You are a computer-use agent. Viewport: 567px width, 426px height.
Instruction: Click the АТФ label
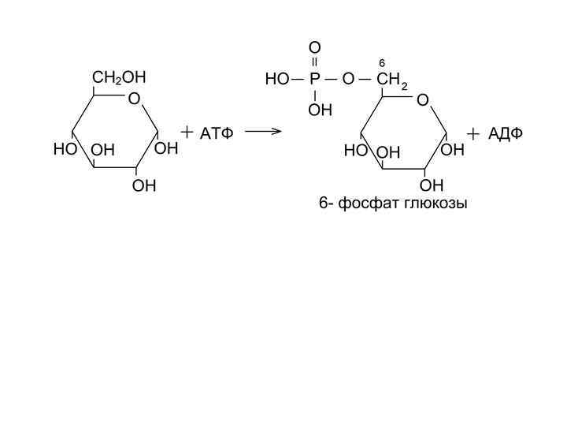217,133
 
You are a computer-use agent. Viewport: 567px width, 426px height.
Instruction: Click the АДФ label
505,133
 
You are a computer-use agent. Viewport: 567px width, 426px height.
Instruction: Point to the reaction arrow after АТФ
263,131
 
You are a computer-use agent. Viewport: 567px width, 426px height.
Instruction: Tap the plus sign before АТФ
187,132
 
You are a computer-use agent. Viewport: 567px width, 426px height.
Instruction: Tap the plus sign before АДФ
472,134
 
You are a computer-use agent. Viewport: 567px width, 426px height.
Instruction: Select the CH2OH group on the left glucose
119,77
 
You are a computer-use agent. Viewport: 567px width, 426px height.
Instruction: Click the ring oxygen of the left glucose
134,99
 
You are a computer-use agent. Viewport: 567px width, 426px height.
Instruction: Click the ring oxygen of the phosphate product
423,100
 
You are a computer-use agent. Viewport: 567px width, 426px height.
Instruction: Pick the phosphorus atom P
314,80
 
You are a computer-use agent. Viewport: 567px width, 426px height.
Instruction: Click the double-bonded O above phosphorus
314,48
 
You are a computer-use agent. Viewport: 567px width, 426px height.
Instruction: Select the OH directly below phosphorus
320,110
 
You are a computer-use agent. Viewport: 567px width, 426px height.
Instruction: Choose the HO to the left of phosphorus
277,80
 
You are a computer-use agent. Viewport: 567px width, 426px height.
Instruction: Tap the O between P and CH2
348,80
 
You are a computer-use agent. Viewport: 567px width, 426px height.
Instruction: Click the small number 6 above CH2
381,62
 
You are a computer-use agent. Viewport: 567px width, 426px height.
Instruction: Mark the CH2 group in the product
391,80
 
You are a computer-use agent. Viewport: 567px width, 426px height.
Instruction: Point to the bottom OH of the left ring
144,185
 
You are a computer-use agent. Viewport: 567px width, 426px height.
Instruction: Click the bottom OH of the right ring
432,185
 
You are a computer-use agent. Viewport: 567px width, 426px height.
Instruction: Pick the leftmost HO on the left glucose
64,148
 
